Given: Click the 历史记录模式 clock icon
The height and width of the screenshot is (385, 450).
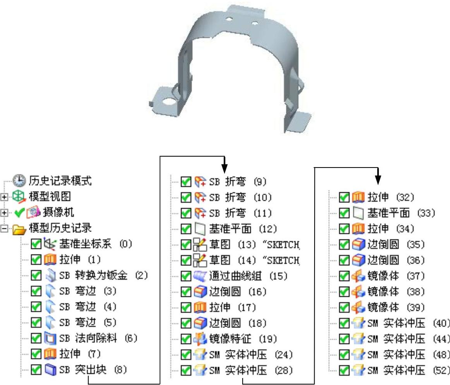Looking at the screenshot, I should tap(19, 180).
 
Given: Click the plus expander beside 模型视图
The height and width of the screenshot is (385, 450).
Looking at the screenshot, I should tap(4, 197).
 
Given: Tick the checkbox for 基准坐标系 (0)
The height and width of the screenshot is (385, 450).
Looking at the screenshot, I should tap(36, 244).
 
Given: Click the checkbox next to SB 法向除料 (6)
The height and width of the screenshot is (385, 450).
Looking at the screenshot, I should tap(36, 338).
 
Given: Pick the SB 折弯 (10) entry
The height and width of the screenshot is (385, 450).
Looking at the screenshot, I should tap(240, 197).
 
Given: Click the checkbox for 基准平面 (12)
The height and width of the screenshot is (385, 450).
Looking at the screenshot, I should tap(187, 229).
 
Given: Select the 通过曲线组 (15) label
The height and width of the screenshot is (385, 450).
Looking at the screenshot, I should tap(240, 276).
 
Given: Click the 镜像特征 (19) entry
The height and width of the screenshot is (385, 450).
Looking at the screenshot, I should tap(243, 339).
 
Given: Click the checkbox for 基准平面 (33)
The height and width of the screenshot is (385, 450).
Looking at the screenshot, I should tap(344, 213).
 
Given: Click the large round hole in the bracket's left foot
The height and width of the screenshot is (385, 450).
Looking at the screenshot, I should tap(168, 102).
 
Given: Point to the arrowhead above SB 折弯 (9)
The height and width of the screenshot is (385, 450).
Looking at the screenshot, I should tap(224, 169).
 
